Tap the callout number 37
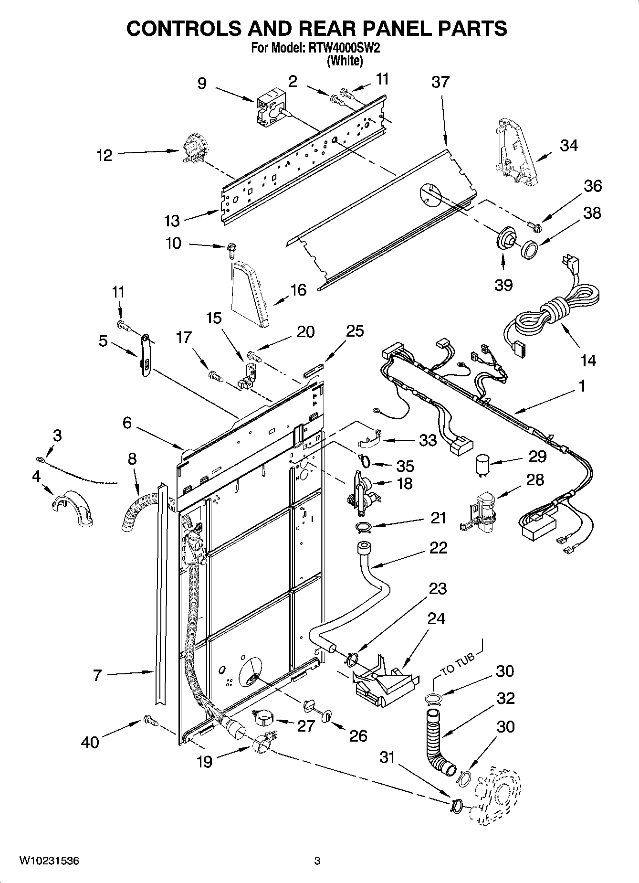click(440, 82)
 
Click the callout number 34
click(568, 145)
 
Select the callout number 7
click(97, 675)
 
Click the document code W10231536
click(49, 861)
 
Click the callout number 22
click(438, 547)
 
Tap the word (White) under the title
click(344, 61)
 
